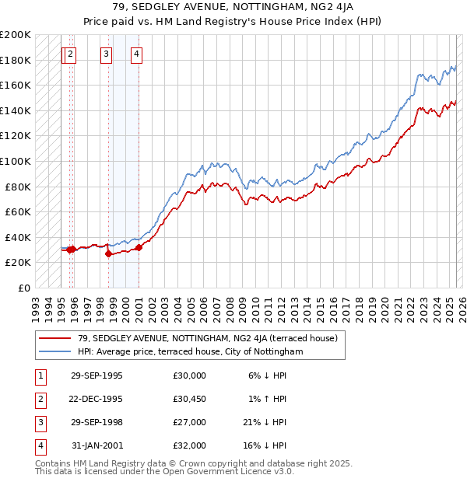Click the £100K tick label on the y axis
tap(16, 161)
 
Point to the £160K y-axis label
tap(16, 85)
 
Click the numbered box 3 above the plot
tap(106, 54)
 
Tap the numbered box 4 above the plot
tap(136, 54)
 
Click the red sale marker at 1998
tap(108, 253)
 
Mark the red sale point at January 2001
tap(139, 248)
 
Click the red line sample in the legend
tap(54, 338)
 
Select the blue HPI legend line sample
tap(54, 351)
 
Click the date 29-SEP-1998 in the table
tap(97, 422)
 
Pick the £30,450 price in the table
tap(189, 399)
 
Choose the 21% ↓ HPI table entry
tap(264, 422)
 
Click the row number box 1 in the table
tap(39, 375)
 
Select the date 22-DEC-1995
tap(97, 399)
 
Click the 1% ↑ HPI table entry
tap(266, 399)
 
